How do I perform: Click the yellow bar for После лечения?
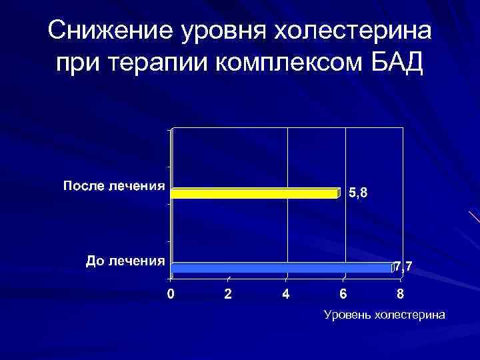click(x=255, y=193)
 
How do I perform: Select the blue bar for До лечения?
click(x=281, y=268)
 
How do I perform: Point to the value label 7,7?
click(x=403, y=267)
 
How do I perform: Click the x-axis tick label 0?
click(x=171, y=294)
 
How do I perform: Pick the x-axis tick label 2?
click(x=229, y=294)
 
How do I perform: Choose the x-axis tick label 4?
click(x=286, y=294)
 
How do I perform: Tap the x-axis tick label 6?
click(x=343, y=294)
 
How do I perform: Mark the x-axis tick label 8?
click(x=401, y=294)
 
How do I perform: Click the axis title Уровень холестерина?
click(x=384, y=315)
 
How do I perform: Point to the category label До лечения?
click(x=125, y=260)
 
